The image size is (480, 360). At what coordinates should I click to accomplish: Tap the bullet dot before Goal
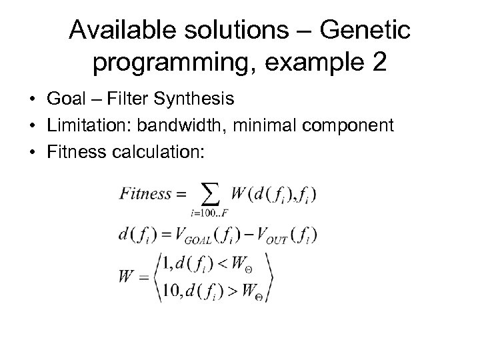33,99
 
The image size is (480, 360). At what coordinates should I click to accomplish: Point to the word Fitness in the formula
147,195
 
